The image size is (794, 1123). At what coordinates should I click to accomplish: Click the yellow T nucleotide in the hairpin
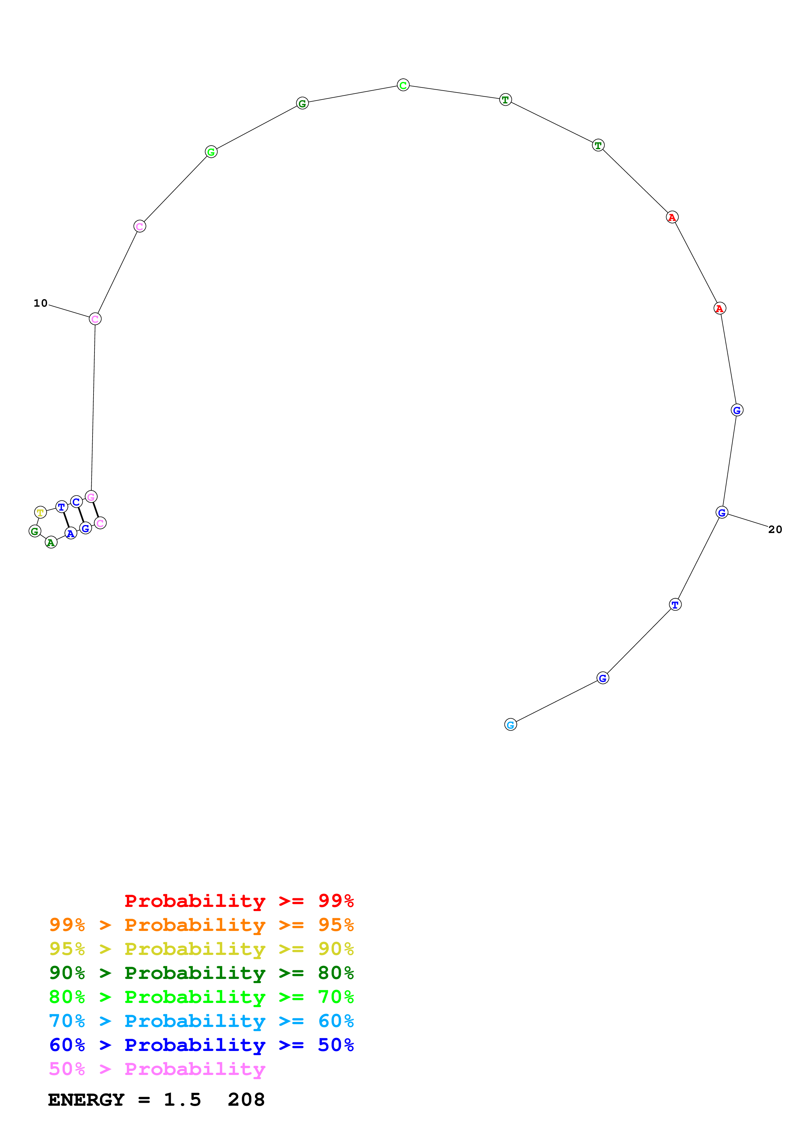tap(41, 512)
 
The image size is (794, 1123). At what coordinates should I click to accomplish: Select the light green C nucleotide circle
tap(403, 85)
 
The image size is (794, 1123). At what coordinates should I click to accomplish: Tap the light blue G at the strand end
tap(510, 725)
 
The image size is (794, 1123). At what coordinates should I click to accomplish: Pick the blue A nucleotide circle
tap(71, 534)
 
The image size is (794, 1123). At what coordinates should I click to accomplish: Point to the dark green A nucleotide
tap(51, 542)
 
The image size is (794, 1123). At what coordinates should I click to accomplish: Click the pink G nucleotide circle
tap(91, 497)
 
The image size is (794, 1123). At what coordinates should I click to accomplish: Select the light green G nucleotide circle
tap(211, 152)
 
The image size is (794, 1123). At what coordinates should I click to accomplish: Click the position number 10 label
tap(41, 303)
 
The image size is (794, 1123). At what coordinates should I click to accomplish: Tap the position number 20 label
tap(775, 529)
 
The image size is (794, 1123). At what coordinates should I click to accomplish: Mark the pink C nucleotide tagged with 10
tap(95, 319)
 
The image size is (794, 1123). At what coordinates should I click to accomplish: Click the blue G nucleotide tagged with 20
tap(722, 513)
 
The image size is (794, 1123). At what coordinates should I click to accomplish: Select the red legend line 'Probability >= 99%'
tap(239, 901)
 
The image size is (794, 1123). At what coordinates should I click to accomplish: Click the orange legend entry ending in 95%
tap(201, 925)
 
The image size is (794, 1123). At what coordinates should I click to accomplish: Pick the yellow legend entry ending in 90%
tap(201, 949)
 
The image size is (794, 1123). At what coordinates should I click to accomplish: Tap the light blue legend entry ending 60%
tap(201, 1021)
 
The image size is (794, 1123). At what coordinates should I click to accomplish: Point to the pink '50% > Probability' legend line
tap(157, 1069)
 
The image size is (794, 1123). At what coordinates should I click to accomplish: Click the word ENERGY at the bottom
tap(86, 1100)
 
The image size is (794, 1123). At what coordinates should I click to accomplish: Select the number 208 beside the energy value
tap(246, 1100)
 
